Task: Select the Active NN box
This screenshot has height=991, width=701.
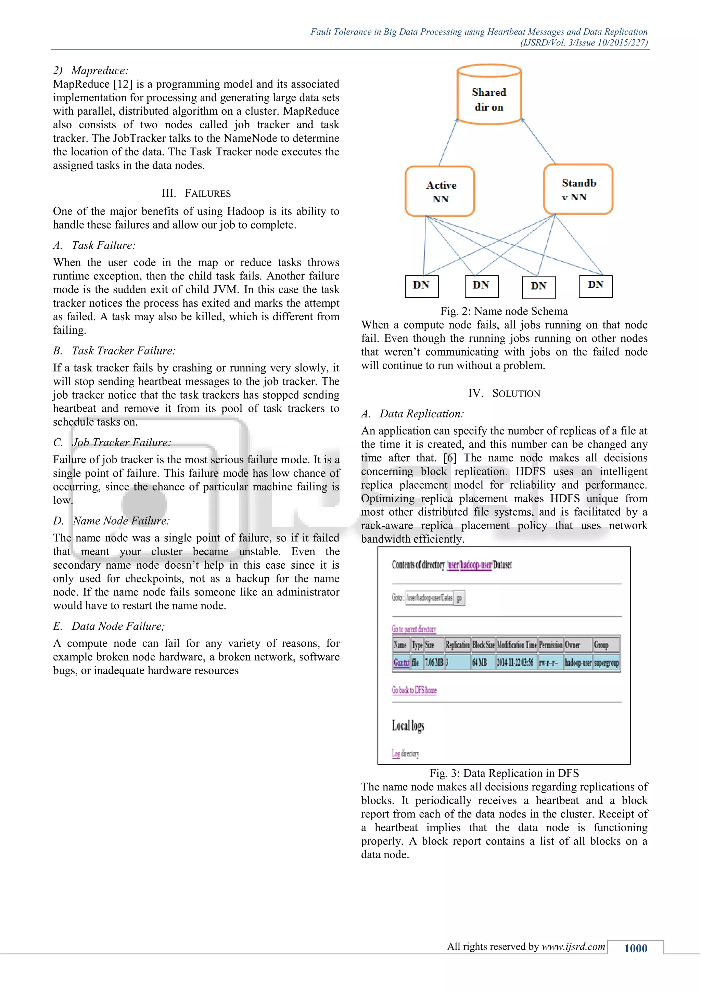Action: pyautogui.click(x=440, y=191)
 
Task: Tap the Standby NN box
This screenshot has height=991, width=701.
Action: pyautogui.click(x=578, y=189)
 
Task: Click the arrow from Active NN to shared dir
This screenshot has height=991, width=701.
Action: pyautogui.click(x=448, y=143)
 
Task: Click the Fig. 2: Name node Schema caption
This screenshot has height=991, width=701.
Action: pyautogui.click(x=504, y=311)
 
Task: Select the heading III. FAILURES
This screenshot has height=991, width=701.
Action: pyautogui.click(x=196, y=193)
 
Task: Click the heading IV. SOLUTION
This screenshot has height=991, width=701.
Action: pyautogui.click(x=504, y=393)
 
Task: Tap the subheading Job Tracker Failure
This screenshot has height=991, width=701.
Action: pyautogui.click(x=121, y=442)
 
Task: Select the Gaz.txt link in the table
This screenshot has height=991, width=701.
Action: pyautogui.click(x=401, y=662)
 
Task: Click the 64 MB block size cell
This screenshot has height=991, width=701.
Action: pyautogui.click(x=480, y=662)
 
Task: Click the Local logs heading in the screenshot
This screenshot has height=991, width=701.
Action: pyautogui.click(x=408, y=725)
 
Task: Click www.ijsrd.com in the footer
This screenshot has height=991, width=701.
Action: pyautogui.click(x=573, y=947)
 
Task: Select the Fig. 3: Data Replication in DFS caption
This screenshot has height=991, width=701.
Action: pyautogui.click(x=504, y=773)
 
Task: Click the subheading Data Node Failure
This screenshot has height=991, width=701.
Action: pyautogui.click(x=118, y=626)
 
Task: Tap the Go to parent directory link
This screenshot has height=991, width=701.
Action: pyautogui.click(x=413, y=629)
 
